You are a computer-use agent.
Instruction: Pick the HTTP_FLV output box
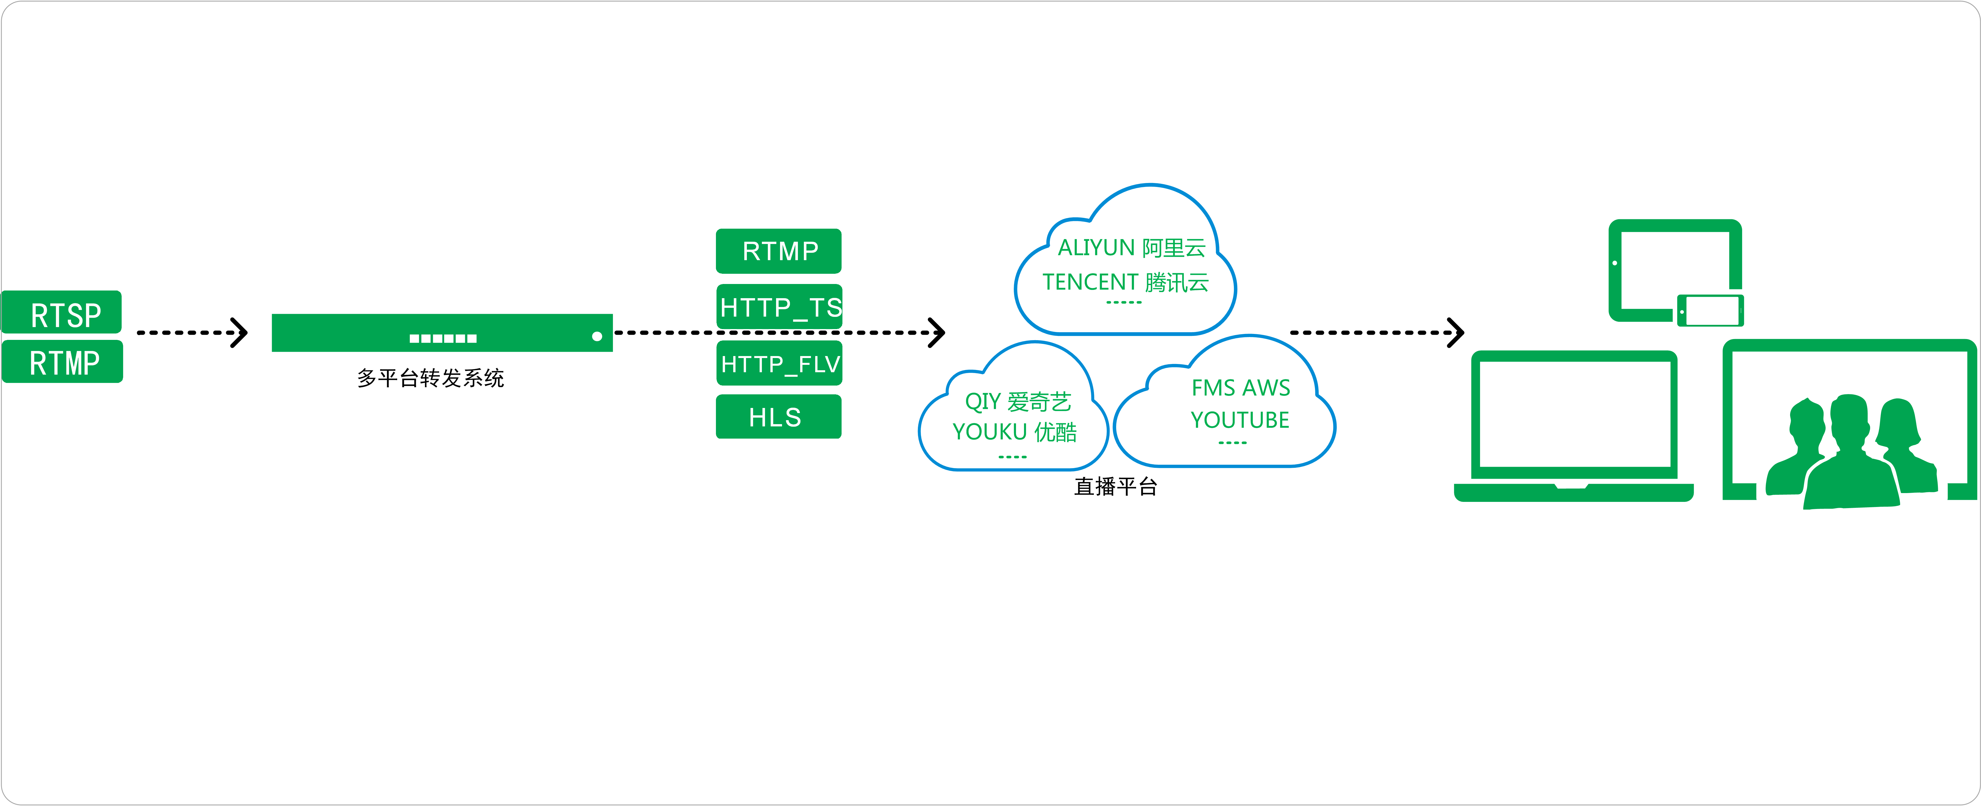779,364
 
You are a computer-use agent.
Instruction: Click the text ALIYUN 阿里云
1131,248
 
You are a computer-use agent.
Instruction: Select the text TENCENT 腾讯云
1125,282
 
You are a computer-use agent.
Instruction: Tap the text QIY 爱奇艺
1017,401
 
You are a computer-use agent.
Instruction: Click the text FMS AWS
1240,388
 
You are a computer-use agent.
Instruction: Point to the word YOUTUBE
1240,420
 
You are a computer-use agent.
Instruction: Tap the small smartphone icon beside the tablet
1710,311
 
